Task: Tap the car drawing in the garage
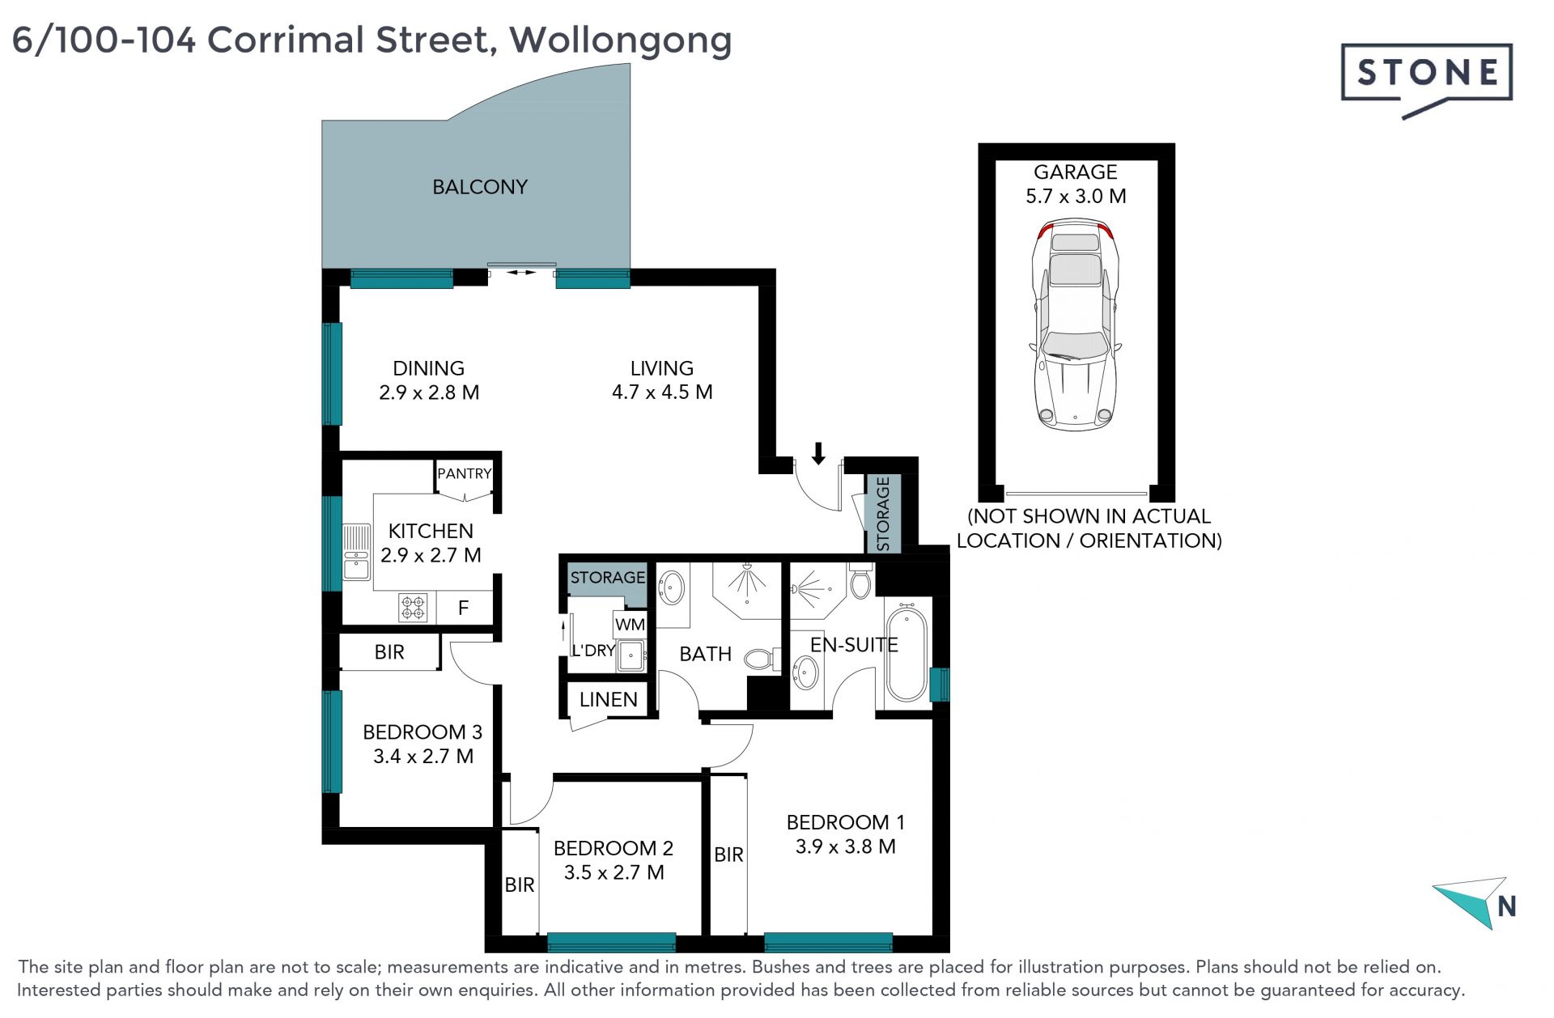1076,324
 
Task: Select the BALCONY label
480,187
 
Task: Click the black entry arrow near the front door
818,453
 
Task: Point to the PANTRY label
465,473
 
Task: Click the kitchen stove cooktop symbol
413,607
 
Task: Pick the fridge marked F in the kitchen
464,608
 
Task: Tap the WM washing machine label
631,624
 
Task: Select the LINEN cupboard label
609,699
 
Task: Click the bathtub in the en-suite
906,652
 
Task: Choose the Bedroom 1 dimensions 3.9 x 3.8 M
846,846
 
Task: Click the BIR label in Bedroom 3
389,652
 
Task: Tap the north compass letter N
1506,906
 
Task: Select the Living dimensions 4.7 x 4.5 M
662,392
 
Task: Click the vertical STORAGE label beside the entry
883,514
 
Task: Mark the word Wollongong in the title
621,41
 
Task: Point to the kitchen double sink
356,553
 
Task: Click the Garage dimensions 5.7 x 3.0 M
1076,196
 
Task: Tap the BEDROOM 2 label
614,848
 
